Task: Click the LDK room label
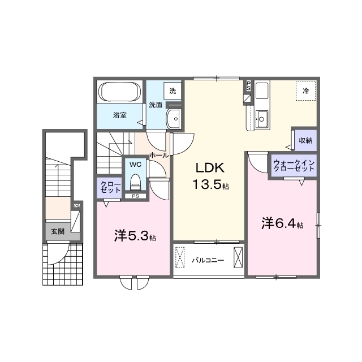(210, 168)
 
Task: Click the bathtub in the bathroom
(120, 92)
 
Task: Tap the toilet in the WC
(136, 182)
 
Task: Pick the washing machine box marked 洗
(173, 91)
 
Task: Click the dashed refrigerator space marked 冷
(305, 90)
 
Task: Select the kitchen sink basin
(261, 119)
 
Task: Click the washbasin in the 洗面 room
(174, 118)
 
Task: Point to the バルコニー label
(208, 261)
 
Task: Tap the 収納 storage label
(305, 140)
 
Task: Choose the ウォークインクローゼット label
(294, 166)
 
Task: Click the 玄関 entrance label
(58, 231)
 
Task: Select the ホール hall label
(159, 155)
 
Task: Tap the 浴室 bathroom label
(120, 115)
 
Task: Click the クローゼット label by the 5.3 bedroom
(109, 187)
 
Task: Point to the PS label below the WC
(136, 196)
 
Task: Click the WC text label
(135, 165)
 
